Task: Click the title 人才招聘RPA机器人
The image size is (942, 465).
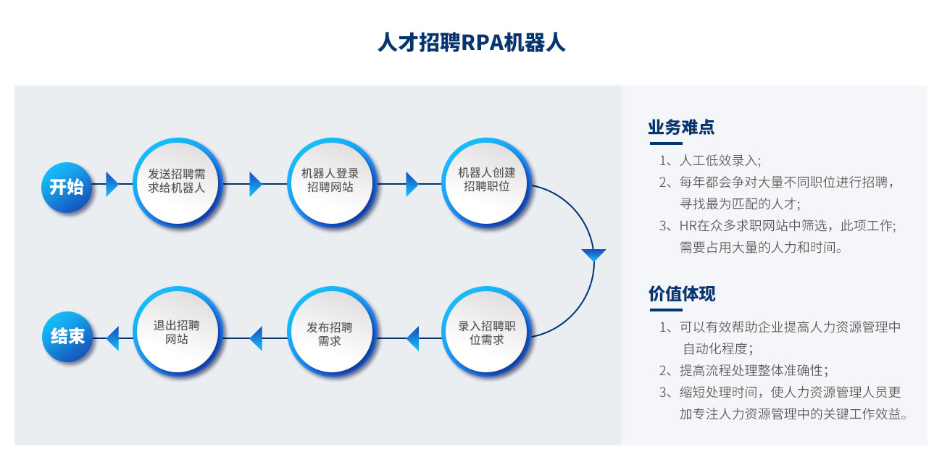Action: click(472, 43)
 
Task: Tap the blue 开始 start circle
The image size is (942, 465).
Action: click(67, 187)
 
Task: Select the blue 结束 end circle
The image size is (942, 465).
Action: click(67, 336)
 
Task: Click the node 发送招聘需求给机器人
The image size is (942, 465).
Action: click(177, 183)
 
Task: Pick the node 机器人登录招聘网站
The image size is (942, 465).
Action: click(331, 183)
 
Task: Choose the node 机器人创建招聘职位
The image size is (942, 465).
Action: click(486, 183)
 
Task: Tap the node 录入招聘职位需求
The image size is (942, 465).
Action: click(486, 331)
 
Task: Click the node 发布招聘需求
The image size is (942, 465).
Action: click(331, 331)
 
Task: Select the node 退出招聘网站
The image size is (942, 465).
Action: click(177, 331)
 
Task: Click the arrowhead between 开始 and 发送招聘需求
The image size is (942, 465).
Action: click(112, 184)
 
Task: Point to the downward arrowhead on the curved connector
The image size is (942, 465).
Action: click(593, 255)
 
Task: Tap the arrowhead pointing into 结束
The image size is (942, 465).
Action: click(112, 338)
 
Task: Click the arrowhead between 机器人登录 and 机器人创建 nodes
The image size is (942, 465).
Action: click(412, 184)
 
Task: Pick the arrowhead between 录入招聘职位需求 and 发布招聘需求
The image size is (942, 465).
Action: click(412, 338)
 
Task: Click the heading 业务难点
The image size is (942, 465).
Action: click(681, 127)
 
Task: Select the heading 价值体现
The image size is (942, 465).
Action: click(682, 293)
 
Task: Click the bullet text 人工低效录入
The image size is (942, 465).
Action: click(720, 160)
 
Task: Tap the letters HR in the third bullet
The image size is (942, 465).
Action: click(688, 226)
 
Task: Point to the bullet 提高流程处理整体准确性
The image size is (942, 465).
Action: click(754, 370)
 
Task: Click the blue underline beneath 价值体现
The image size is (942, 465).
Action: click(666, 310)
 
